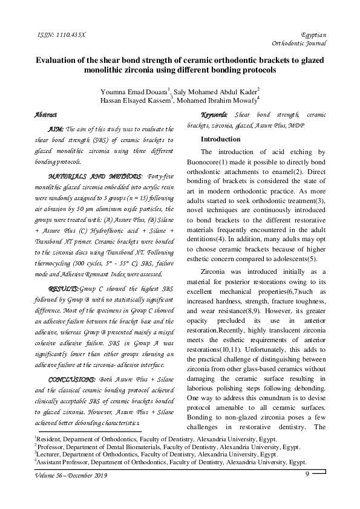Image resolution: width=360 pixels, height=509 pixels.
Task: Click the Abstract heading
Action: [46, 114]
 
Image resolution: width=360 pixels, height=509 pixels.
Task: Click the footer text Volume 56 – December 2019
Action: [71, 477]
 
